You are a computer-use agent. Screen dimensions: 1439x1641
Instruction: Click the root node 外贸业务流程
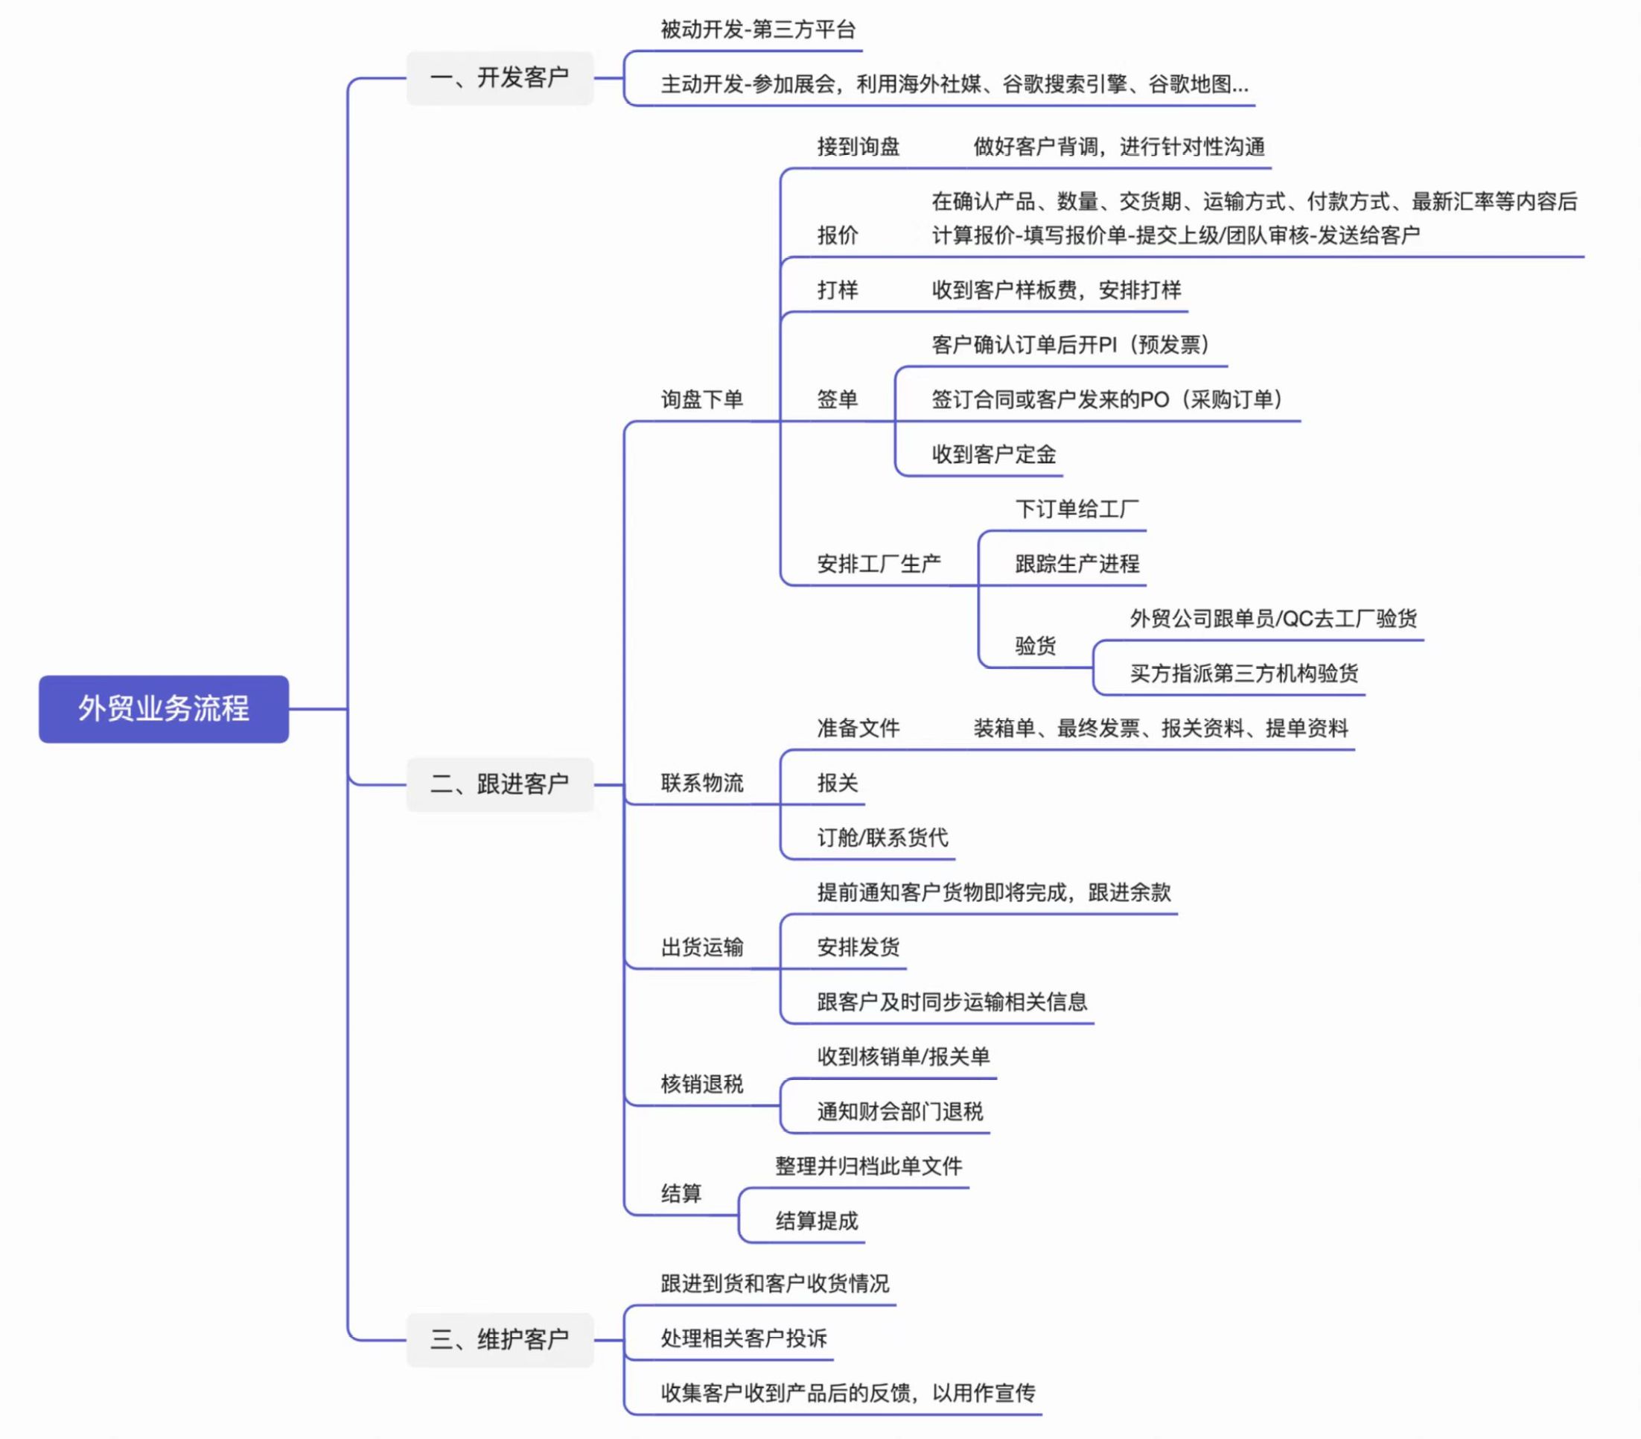click(164, 708)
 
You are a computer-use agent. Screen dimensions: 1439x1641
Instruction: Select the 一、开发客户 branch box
click(500, 78)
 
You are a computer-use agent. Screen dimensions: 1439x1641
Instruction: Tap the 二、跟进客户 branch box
click(500, 784)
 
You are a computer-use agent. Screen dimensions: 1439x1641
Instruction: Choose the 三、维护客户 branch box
click(500, 1338)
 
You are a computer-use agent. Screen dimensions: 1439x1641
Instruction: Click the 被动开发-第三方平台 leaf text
click(758, 30)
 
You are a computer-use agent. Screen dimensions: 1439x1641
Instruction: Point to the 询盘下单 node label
click(701, 399)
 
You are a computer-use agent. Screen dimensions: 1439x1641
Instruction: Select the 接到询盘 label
click(858, 147)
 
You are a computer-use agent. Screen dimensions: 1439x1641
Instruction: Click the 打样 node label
click(838, 290)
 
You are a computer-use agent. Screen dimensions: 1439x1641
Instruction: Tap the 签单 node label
click(838, 399)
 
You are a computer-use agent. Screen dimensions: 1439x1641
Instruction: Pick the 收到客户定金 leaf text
click(993, 454)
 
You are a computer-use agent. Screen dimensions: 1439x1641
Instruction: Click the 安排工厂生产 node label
click(879, 564)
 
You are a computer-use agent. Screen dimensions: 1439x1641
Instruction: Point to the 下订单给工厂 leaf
click(1077, 509)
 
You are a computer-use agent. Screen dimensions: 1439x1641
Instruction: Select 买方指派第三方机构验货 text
click(1243, 673)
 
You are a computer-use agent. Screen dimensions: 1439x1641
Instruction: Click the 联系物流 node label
click(701, 783)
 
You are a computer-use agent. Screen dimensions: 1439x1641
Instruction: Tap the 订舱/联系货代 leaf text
click(882, 837)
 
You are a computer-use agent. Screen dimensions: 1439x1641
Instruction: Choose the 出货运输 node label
click(701, 947)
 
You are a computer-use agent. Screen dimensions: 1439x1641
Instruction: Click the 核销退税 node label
click(701, 1084)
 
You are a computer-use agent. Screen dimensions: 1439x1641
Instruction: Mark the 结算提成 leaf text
click(817, 1221)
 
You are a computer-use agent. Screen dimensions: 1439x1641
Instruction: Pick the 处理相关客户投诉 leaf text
click(743, 1338)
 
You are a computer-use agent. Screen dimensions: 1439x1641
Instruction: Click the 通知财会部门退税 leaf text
click(900, 1111)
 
